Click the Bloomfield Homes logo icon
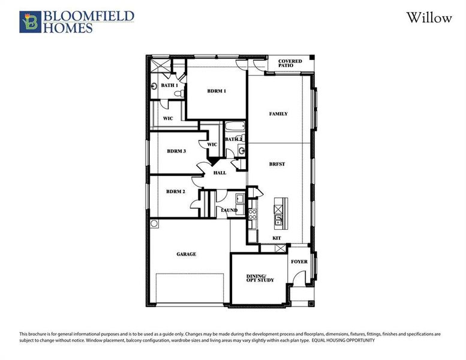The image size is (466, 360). (29, 21)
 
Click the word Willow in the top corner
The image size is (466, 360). (429, 17)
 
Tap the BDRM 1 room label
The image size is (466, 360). (217, 91)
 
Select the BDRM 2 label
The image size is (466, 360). (176, 191)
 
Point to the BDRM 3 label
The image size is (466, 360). (176, 151)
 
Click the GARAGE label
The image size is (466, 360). (186, 254)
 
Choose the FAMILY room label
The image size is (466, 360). (278, 113)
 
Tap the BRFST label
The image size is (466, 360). (276, 163)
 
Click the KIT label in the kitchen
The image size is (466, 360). (276, 238)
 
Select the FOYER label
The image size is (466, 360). (299, 262)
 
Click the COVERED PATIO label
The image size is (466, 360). (290, 64)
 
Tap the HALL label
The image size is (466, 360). (220, 173)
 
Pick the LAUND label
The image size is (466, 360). (229, 210)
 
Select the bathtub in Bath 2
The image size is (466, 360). (234, 128)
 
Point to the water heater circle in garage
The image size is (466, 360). (154, 224)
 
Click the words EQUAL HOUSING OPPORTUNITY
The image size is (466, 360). (342, 340)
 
